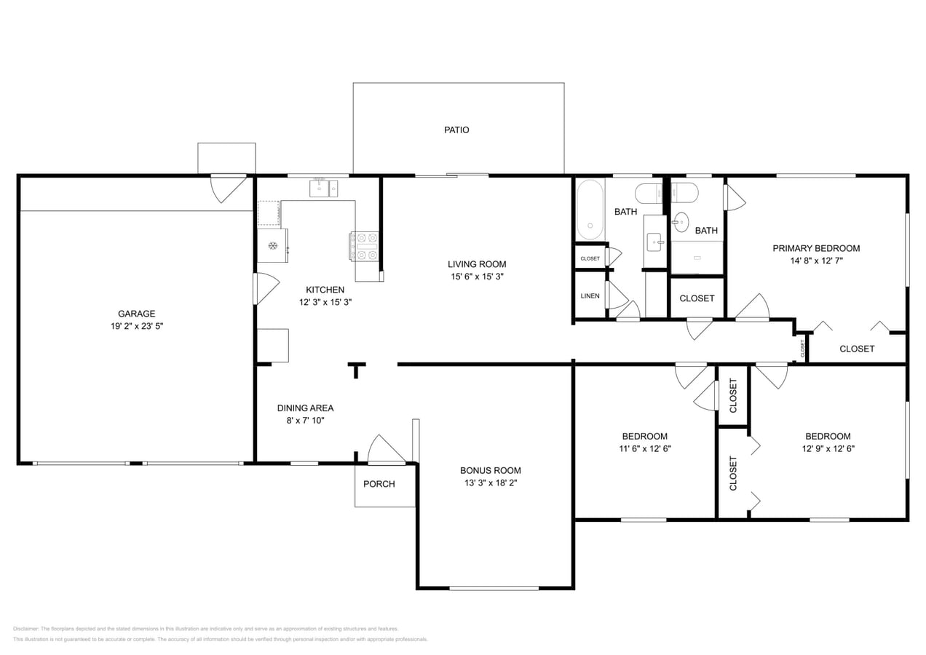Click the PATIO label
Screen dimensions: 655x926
(456, 130)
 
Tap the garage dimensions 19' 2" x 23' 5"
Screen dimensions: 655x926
(136, 327)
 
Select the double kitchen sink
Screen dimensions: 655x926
(323, 188)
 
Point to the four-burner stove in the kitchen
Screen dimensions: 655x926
(365, 246)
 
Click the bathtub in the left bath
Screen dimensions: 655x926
(590, 210)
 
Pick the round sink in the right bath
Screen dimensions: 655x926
(681, 222)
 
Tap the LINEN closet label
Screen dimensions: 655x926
(590, 296)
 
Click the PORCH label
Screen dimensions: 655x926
(379, 484)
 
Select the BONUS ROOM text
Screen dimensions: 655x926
(490, 470)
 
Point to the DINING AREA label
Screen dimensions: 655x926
(305, 408)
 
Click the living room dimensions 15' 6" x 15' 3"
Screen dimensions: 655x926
(477, 277)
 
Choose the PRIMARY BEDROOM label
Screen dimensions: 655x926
(816, 248)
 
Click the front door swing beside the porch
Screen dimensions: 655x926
(384, 450)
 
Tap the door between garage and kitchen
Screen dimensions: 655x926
(264, 289)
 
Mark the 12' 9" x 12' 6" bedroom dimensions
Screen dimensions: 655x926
(828, 449)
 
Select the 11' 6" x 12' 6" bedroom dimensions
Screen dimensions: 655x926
(644, 449)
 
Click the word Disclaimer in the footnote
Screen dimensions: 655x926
(25, 629)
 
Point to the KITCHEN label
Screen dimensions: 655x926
(325, 290)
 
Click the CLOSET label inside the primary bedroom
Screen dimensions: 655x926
(857, 349)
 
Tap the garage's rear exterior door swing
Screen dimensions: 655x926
(227, 188)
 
